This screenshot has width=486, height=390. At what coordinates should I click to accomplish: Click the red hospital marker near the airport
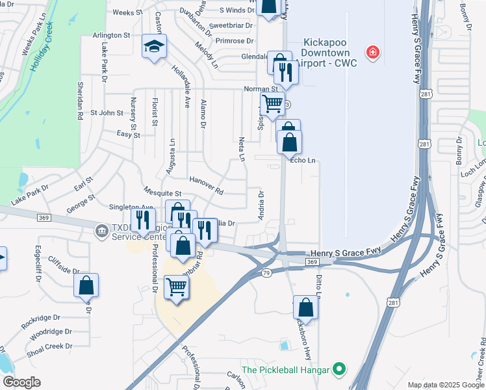coord(372,52)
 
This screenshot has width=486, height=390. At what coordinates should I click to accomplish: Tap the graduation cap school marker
coord(155,47)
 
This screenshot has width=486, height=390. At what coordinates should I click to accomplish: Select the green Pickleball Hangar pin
coord(339,370)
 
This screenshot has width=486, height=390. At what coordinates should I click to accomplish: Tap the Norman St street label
coord(261,88)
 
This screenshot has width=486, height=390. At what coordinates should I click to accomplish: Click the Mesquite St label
coord(162,193)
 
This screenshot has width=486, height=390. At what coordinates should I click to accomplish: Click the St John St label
coord(107,112)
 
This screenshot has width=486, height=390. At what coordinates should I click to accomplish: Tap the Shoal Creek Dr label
coord(49,346)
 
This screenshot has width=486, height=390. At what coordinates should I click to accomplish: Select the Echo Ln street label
coord(303,160)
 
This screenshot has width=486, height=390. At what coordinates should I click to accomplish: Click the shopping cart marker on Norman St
coord(273,103)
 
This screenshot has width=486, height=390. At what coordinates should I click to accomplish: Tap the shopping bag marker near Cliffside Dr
coord(86,285)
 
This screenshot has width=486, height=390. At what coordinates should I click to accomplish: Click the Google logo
coord(21,382)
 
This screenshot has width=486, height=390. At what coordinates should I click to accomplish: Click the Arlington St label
coord(111,34)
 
